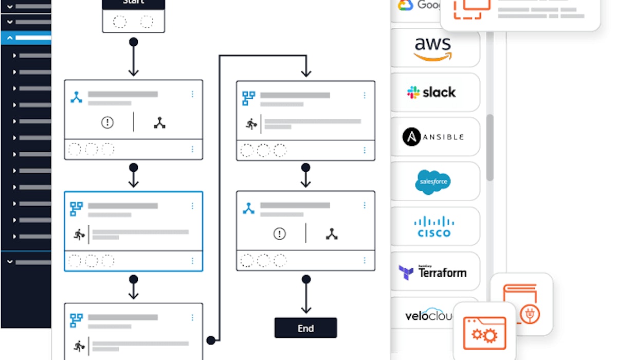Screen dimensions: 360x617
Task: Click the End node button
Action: tap(305, 328)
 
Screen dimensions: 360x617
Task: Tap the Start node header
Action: tap(134, 3)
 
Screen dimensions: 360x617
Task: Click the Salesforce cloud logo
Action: tap(433, 182)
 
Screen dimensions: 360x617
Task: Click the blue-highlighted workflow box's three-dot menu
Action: tap(192, 206)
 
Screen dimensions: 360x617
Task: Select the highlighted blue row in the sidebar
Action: tap(26, 38)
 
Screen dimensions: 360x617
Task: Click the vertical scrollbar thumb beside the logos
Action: tap(489, 147)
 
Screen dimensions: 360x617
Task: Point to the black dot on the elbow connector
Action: tap(210, 340)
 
